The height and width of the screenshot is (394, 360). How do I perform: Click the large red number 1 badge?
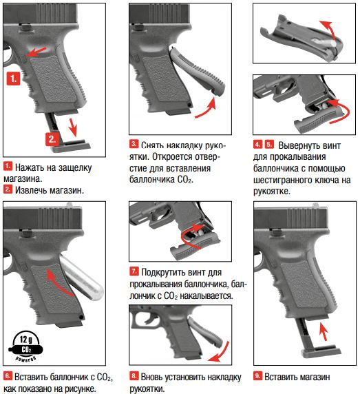click(13, 79)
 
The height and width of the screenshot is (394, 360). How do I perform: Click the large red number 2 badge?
click(52, 139)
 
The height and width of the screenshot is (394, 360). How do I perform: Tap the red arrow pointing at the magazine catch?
click(36, 52)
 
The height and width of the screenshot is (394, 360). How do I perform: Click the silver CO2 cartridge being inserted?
click(81, 276)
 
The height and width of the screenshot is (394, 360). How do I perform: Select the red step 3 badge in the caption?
click(134, 144)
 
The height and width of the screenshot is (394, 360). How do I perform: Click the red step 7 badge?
click(134, 271)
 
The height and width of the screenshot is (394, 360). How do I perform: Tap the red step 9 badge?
click(257, 376)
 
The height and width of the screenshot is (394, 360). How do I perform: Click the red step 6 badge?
click(8, 376)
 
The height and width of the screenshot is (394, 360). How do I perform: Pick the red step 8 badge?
click(134, 376)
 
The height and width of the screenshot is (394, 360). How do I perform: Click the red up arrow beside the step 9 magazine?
click(324, 331)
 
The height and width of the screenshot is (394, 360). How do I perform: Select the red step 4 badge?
click(257, 144)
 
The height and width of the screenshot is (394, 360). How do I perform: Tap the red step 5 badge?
click(269, 144)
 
